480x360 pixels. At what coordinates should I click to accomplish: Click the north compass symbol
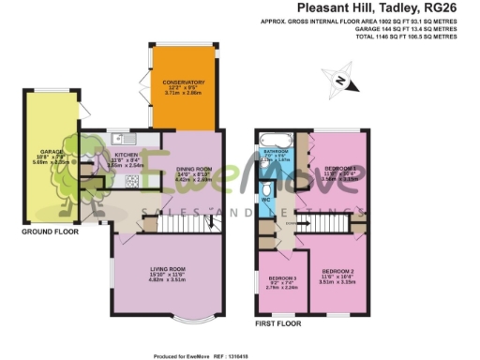tap(340, 82)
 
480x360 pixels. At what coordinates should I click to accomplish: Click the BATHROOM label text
tap(277, 151)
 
